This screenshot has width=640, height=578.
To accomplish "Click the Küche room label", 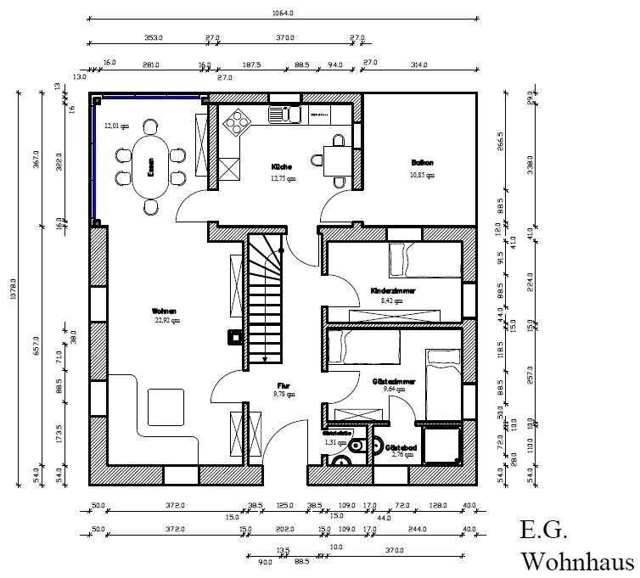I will click(283, 166).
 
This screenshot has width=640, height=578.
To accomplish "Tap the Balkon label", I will click(422, 162).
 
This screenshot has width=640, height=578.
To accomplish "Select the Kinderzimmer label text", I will click(391, 290).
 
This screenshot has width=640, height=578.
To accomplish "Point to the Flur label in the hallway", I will click(284, 384).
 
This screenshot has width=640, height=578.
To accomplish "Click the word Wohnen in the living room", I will click(166, 311).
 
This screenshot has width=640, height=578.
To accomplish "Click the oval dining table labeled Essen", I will click(149, 167).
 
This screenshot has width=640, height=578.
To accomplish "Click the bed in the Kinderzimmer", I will click(415, 258).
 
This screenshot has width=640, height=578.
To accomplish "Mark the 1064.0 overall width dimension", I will click(283, 14).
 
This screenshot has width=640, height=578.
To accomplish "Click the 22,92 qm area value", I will click(166, 322).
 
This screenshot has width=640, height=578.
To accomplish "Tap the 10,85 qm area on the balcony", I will click(422, 175).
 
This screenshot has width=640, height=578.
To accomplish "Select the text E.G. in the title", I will click(543, 531).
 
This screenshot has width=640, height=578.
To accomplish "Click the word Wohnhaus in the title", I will click(577, 562).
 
